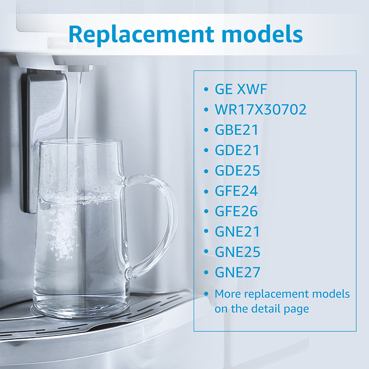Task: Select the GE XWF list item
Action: (x=241, y=89)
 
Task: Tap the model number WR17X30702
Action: (x=261, y=110)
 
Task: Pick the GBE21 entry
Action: (x=237, y=130)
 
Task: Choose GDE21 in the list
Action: (x=237, y=150)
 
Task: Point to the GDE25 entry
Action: (x=237, y=170)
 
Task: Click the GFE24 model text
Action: (x=236, y=191)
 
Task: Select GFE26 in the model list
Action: (x=236, y=211)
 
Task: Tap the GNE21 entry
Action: (x=237, y=232)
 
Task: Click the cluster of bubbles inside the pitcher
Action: (x=61, y=229)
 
